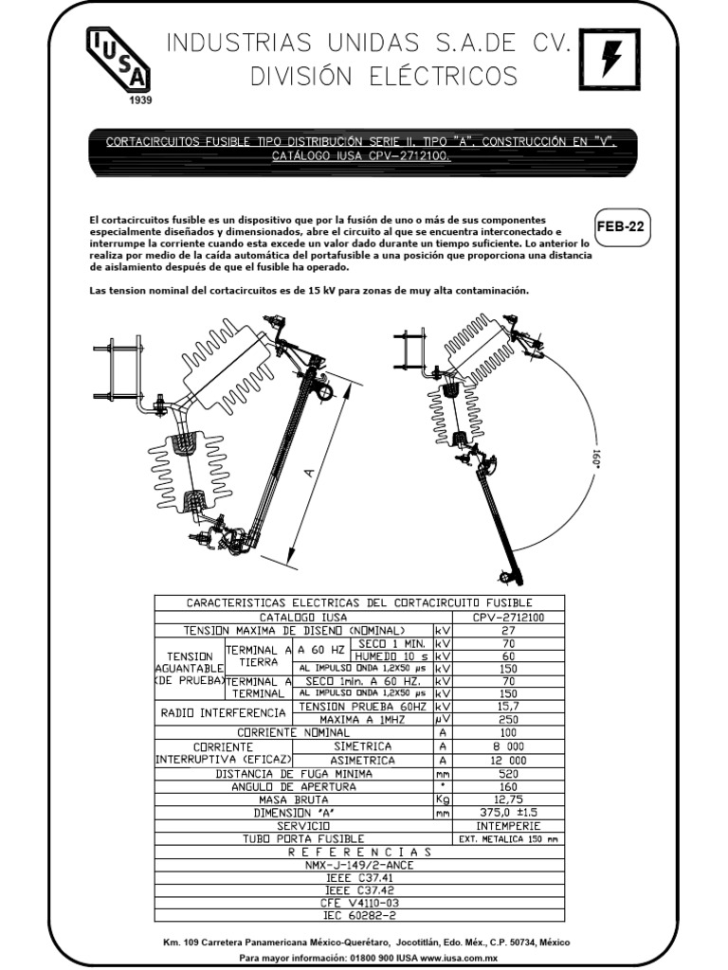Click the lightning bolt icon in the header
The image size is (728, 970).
[611, 60]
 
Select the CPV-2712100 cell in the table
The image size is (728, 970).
[507, 617]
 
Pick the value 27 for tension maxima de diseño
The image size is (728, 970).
[507, 630]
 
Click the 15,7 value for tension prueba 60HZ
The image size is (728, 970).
[507, 707]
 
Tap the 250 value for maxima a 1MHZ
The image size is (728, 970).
[507, 720]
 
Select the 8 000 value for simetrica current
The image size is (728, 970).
[507, 746]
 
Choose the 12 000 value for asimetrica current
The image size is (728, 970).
[507, 760]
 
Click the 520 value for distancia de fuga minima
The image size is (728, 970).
[507, 773]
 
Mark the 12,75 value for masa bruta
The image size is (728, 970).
[507, 799]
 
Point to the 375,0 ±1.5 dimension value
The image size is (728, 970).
[507, 813]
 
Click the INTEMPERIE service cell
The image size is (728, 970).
[507, 825]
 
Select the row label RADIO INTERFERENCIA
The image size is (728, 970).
[223, 713]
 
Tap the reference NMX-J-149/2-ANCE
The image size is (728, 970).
[358, 864]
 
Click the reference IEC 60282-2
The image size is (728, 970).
[358, 916]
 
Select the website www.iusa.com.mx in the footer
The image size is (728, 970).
[464, 959]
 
